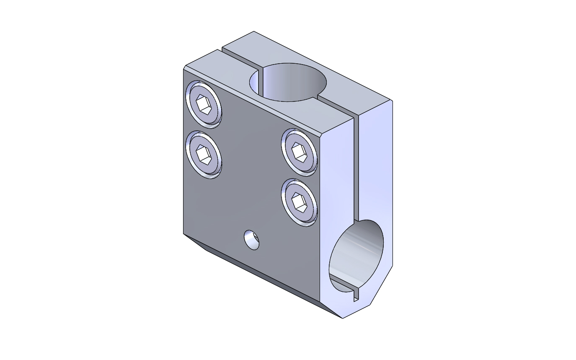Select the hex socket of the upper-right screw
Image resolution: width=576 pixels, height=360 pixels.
299,152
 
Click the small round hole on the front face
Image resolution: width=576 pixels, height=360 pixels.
252,240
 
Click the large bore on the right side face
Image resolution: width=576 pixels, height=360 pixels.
357,256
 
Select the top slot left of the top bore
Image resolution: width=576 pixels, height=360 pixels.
239,59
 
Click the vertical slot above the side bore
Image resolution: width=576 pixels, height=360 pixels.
356,168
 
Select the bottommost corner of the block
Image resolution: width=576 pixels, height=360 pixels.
343,318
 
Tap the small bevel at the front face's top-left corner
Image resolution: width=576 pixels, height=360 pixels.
185,67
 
